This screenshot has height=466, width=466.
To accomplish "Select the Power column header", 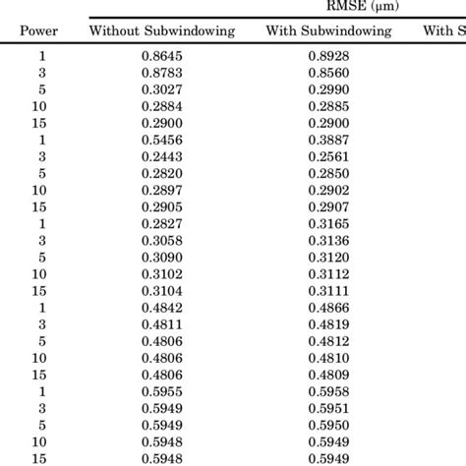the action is [x=39, y=30].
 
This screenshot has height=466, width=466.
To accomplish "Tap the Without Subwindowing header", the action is [x=162, y=30].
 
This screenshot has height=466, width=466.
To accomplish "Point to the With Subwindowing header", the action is [x=328, y=30].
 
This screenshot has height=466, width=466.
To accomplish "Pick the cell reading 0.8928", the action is [x=328, y=57].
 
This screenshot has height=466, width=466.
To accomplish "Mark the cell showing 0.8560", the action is [x=328, y=73].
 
